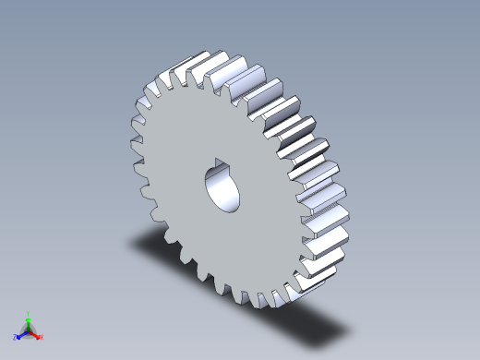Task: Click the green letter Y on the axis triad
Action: pos(29,313)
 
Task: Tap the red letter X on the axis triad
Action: pos(42,337)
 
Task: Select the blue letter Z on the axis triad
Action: pos(15,338)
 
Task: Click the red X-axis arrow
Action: pos(35,333)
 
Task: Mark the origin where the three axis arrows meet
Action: pos(29,330)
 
